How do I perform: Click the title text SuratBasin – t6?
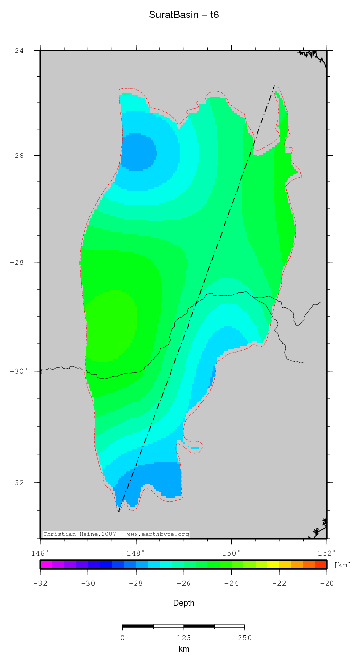tap(184, 15)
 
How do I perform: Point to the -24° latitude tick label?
tap(19, 50)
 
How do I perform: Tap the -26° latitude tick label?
tap(19, 156)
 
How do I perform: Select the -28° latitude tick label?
tap(19, 262)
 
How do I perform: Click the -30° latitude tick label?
tap(19, 371)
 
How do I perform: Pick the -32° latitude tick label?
tap(19, 483)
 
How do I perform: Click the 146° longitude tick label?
tap(40, 553)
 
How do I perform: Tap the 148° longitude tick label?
tap(136, 553)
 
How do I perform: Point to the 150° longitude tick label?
tap(231, 553)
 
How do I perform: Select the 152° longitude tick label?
tap(327, 553)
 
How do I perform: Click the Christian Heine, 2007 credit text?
tap(116, 534)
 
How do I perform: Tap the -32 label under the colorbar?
tap(40, 583)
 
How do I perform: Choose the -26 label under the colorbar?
tap(184, 583)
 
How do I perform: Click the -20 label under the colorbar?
tap(327, 583)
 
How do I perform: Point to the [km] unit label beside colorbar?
tap(343, 565)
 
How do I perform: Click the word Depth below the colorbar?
tap(184, 603)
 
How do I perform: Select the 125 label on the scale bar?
tap(184, 638)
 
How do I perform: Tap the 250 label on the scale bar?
tap(244, 638)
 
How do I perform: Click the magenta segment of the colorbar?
tap(46, 564)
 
